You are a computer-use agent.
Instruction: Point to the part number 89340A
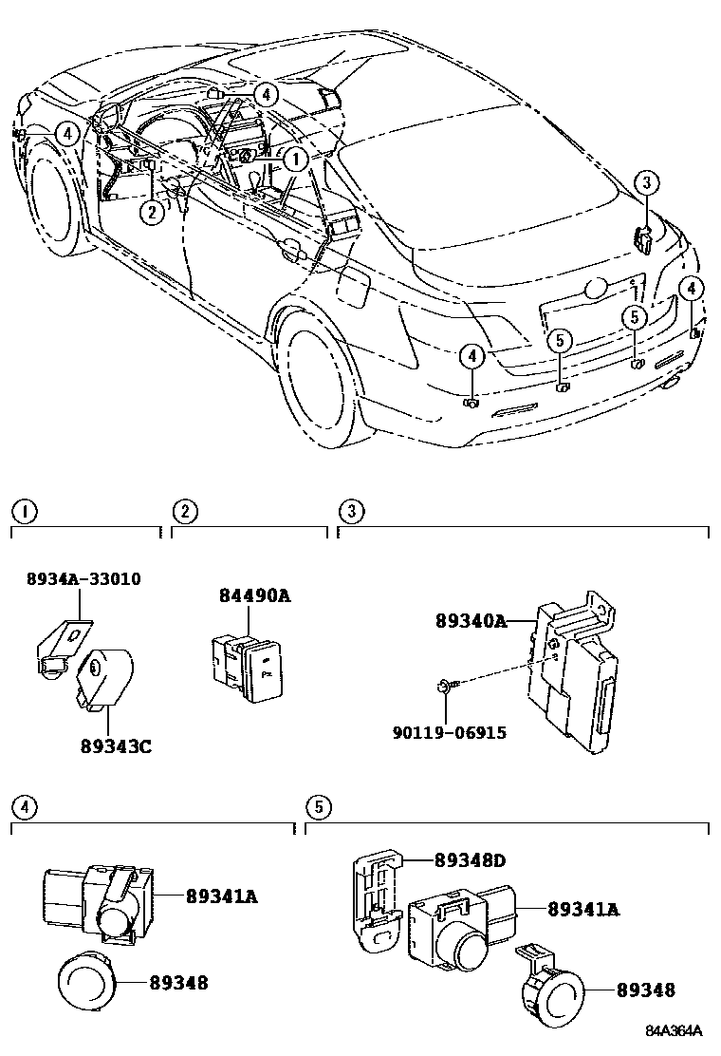(x=471, y=621)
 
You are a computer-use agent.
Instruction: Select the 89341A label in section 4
(x=222, y=895)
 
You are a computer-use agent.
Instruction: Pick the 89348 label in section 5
(x=645, y=990)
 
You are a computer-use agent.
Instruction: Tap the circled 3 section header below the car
(x=351, y=512)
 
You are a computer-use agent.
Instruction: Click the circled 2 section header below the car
(x=184, y=512)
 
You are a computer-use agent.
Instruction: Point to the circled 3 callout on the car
(x=644, y=182)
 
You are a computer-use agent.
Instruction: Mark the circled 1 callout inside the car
(x=296, y=160)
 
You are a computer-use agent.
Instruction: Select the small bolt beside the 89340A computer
(x=445, y=687)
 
